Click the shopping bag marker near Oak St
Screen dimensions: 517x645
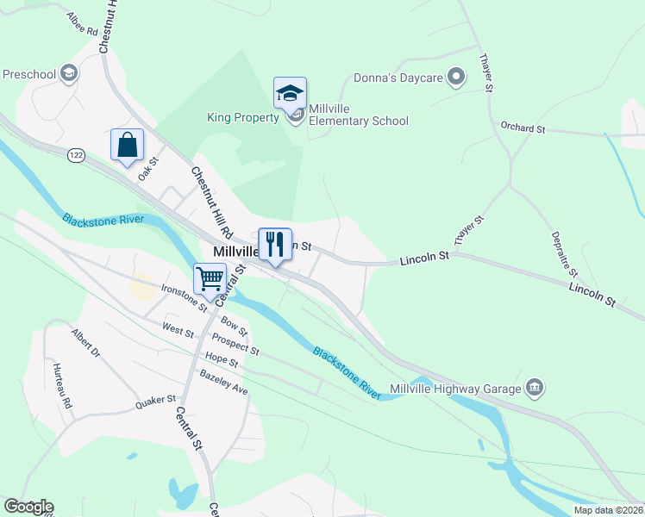(127, 145)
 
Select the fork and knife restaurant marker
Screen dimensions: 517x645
(275, 244)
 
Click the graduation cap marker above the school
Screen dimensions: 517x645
(291, 93)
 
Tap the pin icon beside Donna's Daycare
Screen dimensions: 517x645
(457, 78)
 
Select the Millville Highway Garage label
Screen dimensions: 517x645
(456, 388)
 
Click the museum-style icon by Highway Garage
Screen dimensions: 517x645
(535, 388)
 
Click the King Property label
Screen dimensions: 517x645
(243, 117)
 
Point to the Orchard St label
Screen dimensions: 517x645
(523, 128)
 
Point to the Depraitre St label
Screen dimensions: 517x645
(561, 251)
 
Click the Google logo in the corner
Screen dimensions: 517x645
(28, 507)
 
